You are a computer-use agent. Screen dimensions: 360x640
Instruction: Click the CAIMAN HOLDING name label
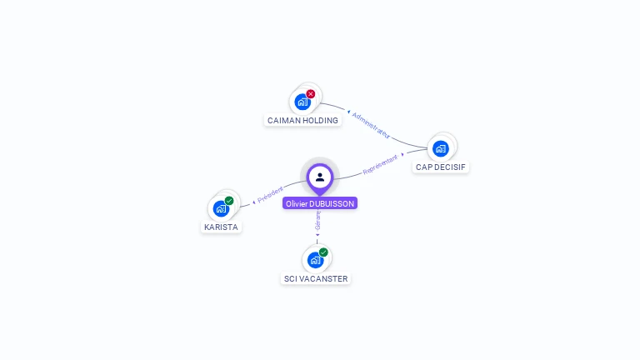click(302, 120)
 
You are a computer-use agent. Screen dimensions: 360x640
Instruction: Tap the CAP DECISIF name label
click(440, 167)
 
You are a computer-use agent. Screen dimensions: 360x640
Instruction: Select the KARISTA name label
click(221, 227)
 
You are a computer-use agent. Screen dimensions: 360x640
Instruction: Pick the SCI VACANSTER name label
click(316, 278)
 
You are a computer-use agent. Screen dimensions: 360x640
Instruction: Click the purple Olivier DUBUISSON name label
click(320, 203)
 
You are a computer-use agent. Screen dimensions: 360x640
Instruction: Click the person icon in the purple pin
click(320, 177)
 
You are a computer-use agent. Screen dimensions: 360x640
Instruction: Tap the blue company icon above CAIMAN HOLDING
click(302, 102)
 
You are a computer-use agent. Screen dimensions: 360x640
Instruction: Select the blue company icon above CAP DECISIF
click(440, 148)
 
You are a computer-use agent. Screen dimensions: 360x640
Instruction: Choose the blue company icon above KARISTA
click(221, 208)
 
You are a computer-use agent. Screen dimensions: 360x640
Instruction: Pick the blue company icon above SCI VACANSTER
click(315, 260)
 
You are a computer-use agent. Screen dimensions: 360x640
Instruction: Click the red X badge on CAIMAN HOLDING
click(311, 94)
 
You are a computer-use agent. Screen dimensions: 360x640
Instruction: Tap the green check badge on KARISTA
click(229, 201)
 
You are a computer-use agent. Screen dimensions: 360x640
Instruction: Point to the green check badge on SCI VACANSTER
click(323, 252)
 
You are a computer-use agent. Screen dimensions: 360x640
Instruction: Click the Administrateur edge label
click(370, 124)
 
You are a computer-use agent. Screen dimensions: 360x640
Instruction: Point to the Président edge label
click(270, 195)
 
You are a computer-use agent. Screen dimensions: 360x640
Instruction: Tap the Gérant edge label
click(317, 220)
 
